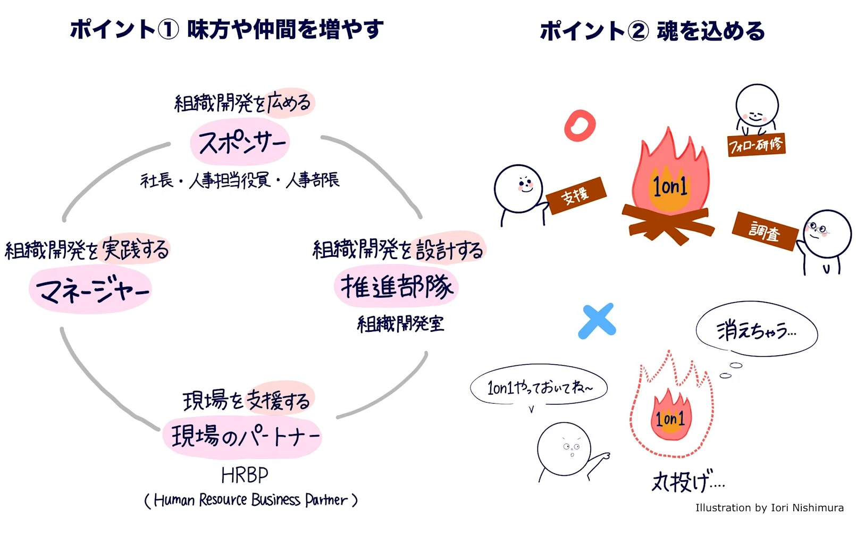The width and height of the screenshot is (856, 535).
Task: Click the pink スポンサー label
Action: pyautogui.click(x=240, y=143)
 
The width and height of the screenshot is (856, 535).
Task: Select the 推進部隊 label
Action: pyautogui.click(x=397, y=287)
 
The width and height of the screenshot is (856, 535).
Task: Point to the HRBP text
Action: pyautogui.click(x=245, y=475)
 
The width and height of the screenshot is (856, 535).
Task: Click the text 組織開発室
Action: pyautogui.click(x=400, y=323)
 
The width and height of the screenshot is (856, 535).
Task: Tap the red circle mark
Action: pyautogui.click(x=580, y=126)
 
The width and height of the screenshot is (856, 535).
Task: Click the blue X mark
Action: pyautogui.click(x=597, y=321)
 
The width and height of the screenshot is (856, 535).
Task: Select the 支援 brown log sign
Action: pyautogui.click(x=576, y=196)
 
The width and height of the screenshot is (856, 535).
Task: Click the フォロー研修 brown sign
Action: pyautogui.click(x=756, y=144)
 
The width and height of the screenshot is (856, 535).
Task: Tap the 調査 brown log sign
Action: pyautogui.click(x=765, y=231)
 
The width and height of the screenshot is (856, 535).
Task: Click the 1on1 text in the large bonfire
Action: pyautogui.click(x=670, y=186)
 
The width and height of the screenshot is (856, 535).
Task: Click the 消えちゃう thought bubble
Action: pyautogui.click(x=756, y=330)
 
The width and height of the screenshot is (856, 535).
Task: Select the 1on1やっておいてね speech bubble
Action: pyautogui.click(x=539, y=387)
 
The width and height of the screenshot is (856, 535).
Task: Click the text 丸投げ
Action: pyautogui.click(x=687, y=482)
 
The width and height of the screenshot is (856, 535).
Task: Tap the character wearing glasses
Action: pyautogui.click(x=826, y=234)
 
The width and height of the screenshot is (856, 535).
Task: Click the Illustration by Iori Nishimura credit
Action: pyautogui.click(x=769, y=507)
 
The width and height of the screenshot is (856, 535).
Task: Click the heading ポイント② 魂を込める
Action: pyautogui.click(x=652, y=31)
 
